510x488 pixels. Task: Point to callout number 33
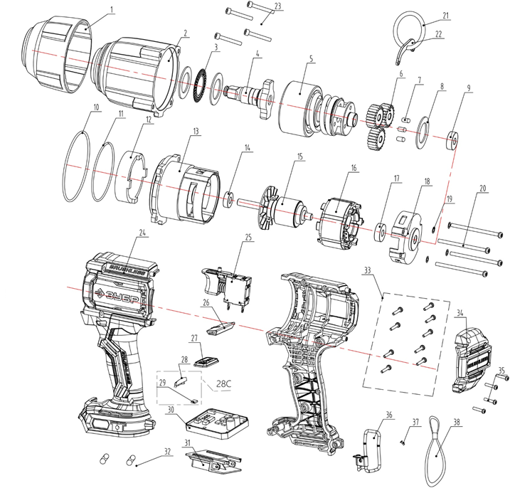386,271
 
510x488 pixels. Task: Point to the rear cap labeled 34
473,349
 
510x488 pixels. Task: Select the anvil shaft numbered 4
250,92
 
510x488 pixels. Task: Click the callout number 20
483,190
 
